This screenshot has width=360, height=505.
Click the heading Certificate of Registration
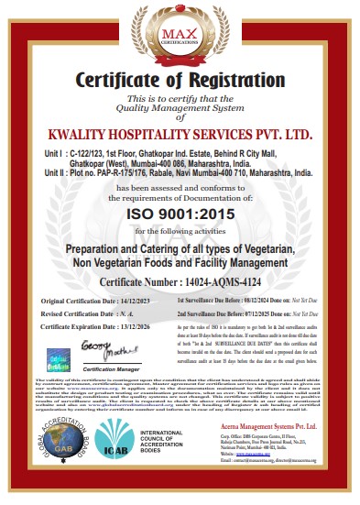point(180,80)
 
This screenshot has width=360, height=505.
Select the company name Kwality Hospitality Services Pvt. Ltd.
point(180,134)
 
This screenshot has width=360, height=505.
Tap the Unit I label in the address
point(52,148)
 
